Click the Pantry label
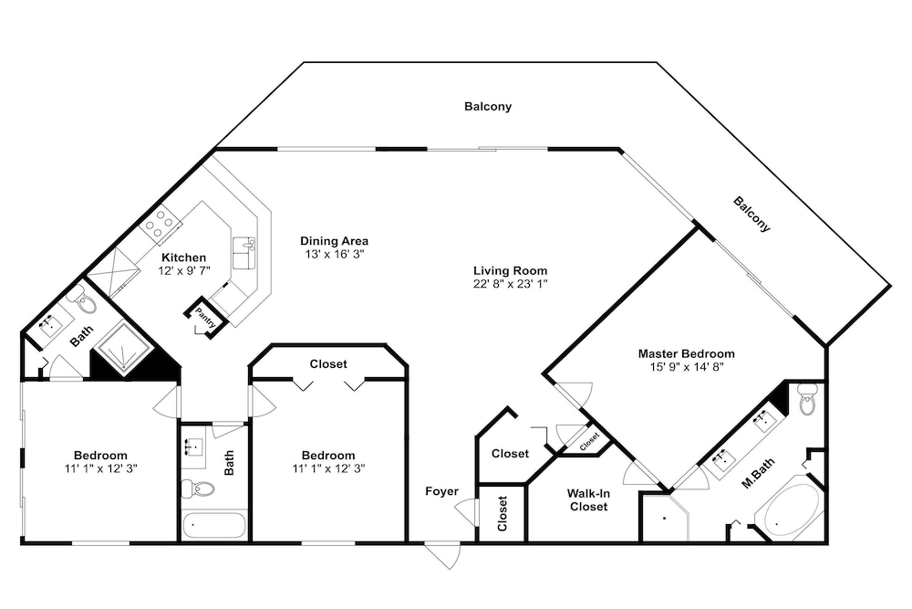(205, 318)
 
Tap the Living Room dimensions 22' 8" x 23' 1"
(510, 284)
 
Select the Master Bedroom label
(687, 353)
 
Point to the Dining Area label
(334, 240)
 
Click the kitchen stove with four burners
(161, 223)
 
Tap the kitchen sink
(244, 253)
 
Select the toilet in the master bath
(806, 399)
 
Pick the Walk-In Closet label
(588, 500)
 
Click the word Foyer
(441, 491)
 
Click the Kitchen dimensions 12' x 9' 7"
(184, 271)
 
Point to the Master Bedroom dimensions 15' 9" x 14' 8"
(687, 367)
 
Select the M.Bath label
(758, 473)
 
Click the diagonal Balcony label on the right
(751, 215)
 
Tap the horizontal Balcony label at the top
(488, 107)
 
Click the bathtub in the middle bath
(214, 525)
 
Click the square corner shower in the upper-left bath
(124, 350)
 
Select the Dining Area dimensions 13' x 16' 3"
(334, 254)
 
